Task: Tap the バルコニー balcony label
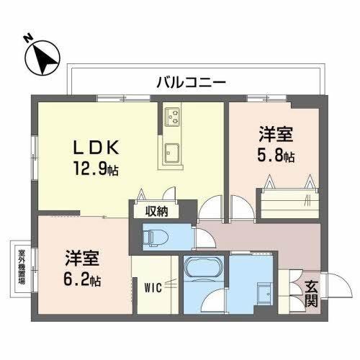click(x=191, y=82)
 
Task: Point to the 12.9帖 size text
click(x=94, y=171)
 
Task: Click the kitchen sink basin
click(x=174, y=153)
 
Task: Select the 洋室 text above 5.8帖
click(x=276, y=133)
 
